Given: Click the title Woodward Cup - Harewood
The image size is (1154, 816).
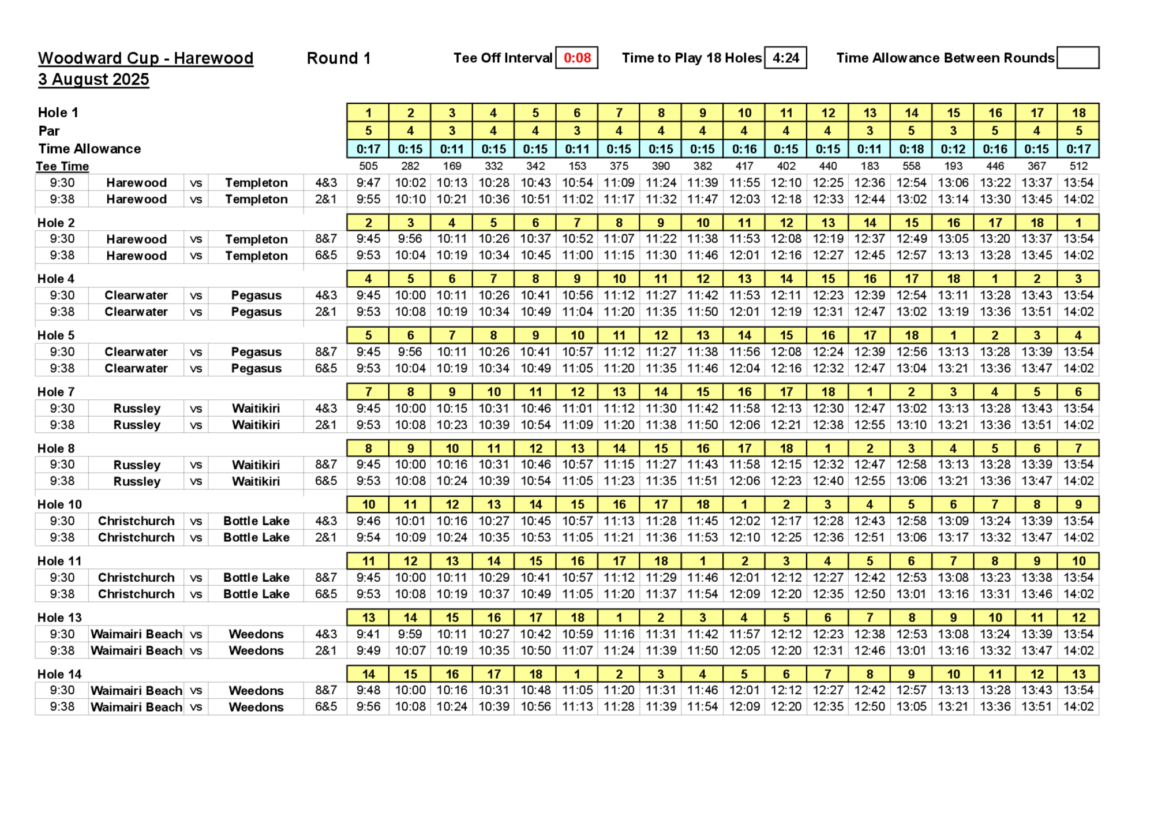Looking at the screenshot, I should [x=145, y=58].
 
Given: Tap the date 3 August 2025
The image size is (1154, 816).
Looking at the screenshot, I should [x=93, y=79].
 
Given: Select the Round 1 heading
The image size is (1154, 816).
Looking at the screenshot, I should [x=338, y=58].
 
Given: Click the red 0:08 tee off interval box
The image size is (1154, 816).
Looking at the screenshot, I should [x=577, y=58].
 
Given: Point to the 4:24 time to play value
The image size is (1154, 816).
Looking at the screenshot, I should [x=785, y=58].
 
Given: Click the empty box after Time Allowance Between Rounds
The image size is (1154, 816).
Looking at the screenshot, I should [x=1078, y=58].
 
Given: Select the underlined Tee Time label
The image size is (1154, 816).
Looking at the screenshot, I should [x=62, y=166].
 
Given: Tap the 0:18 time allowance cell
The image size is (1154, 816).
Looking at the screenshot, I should [x=911, y=149].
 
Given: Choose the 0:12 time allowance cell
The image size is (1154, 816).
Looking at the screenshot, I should [x=953, y=149].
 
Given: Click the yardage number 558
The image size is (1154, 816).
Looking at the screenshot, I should [x=911, y=166].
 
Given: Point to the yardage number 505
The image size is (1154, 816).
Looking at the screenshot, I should [x=368, y=166].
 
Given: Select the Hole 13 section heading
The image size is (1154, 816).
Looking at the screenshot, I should [x=59, y=617].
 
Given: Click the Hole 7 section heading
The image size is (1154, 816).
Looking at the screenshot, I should [x=56, y=392].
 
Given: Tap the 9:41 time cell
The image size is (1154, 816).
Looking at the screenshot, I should [x=368, y=634].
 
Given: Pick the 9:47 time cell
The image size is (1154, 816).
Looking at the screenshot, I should [x=368, y=182].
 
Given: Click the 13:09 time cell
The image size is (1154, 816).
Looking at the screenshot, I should [x=953, y=521].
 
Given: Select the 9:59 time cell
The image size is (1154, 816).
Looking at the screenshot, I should [x=410, y=634].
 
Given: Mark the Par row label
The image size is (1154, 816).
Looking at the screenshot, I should [x=49, y=131].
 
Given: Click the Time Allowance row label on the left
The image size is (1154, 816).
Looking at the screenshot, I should [x=89, y=149].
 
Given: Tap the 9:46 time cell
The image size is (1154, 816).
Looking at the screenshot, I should [x=368, y=521].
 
